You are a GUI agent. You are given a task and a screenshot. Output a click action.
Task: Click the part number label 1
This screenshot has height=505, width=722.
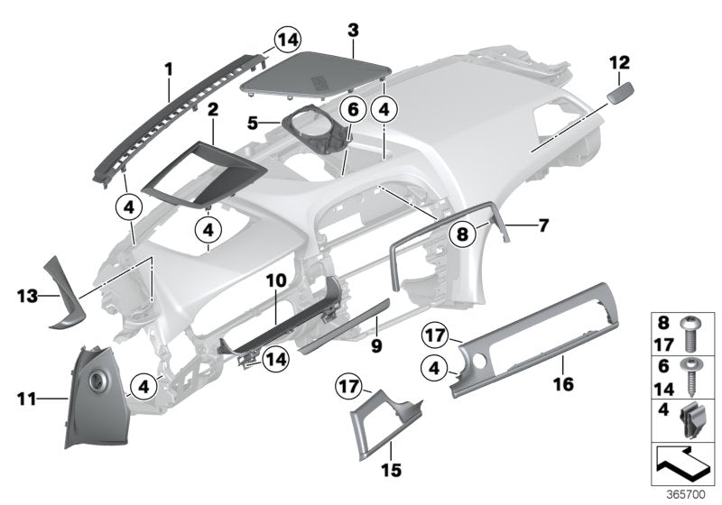(168, 68)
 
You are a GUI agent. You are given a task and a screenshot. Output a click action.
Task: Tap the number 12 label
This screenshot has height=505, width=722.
(619, 62)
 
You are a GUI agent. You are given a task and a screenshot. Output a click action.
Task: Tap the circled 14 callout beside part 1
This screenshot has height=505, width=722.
(288, 39)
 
